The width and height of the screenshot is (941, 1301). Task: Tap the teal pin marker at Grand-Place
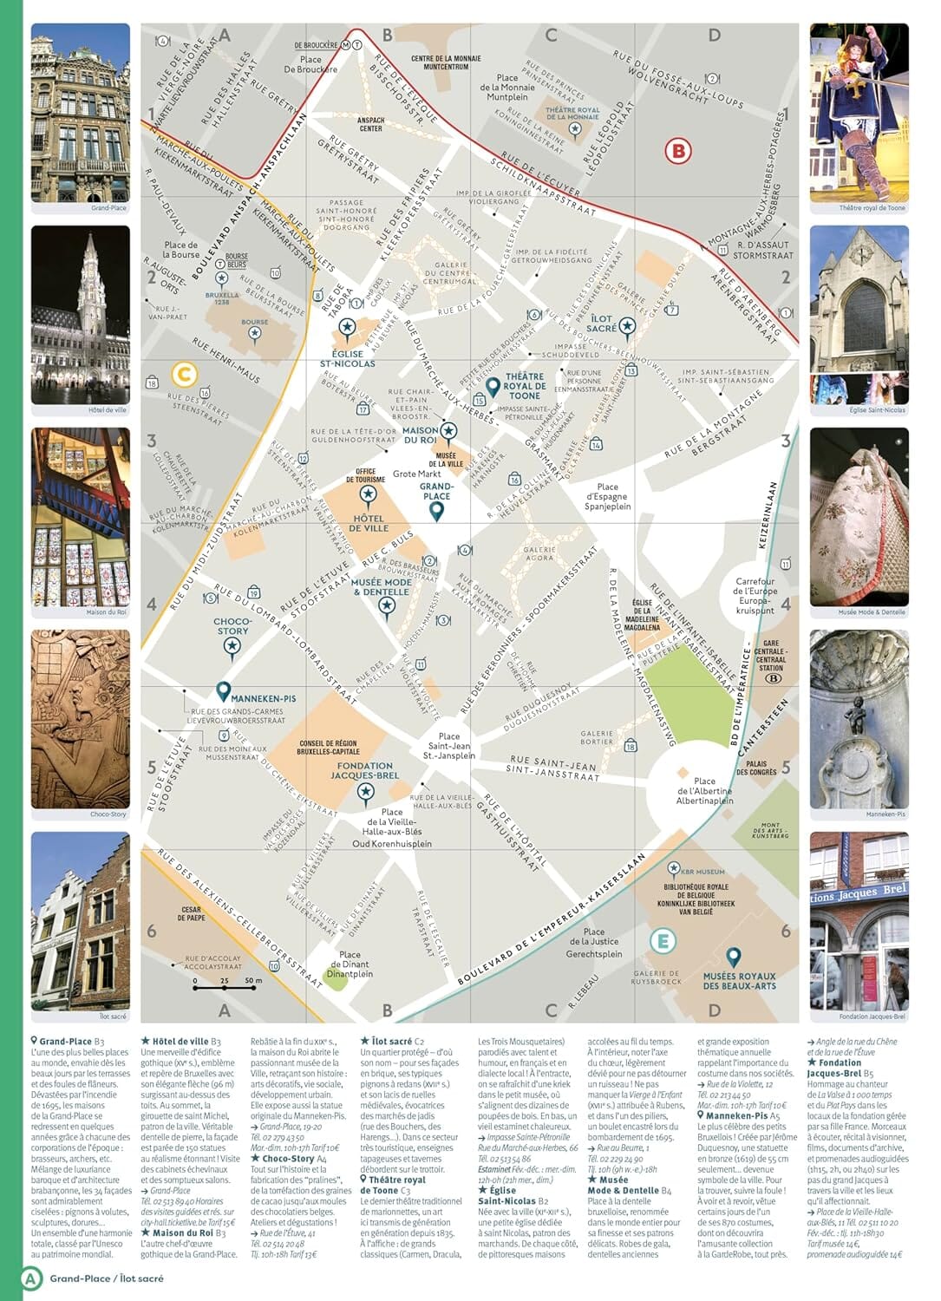click(437, 512)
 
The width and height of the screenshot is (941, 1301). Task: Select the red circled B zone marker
click(678, 151)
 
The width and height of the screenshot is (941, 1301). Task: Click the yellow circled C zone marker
click(184, 375)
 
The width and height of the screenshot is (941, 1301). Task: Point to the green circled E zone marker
click(663, 941)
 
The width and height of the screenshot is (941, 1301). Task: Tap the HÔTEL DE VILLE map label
click(369, 523)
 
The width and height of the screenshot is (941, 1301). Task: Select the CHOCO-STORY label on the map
click(232, 626)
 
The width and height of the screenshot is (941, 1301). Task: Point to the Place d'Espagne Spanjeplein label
click(607, 497)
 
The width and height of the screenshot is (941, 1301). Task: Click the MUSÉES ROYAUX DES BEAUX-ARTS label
click(739, 981)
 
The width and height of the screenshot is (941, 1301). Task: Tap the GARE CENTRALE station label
click(770, 656)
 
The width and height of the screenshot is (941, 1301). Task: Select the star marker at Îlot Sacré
click(626, 326)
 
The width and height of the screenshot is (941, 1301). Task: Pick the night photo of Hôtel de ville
click(81, 314)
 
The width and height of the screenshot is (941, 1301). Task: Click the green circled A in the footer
click(30, 1278)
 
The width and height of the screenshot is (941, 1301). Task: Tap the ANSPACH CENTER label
click(370, 125)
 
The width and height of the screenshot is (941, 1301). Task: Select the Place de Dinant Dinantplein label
click(350, 964)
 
